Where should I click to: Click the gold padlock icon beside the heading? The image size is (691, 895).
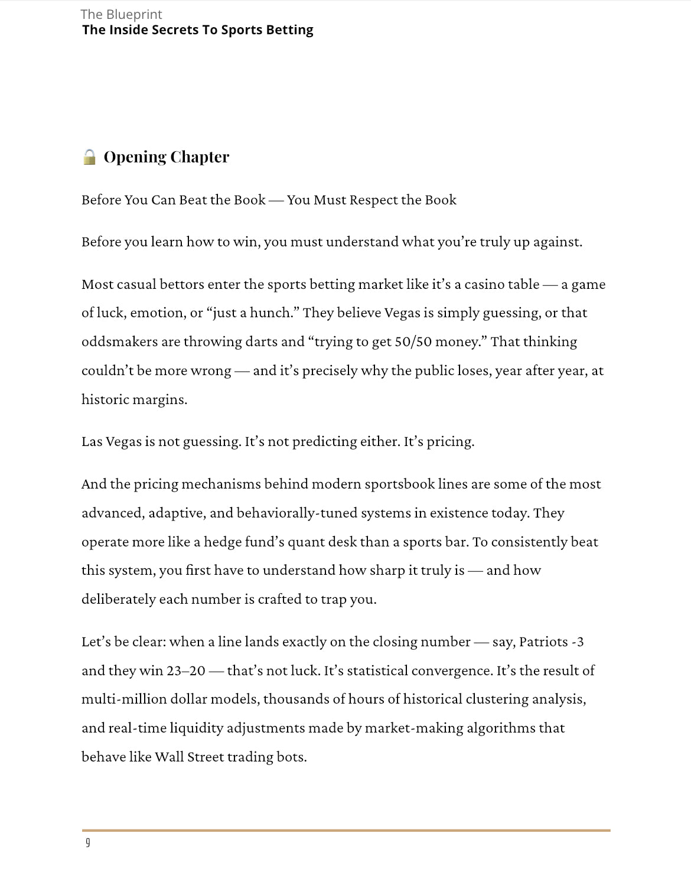coord(89,157)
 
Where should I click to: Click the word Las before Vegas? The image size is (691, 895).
coord(92,442)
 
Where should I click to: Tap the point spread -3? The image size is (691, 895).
coord(578,642)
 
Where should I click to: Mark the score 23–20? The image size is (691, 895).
coord(186,671)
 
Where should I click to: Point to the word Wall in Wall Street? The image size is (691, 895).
coord(169,757)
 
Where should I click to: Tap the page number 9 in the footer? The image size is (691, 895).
coord(88,842)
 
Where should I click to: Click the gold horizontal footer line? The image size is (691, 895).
coord(345,830)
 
